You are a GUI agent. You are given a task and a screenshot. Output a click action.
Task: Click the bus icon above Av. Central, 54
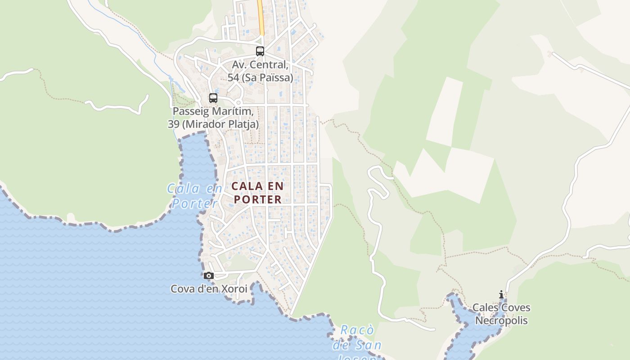[260, 51]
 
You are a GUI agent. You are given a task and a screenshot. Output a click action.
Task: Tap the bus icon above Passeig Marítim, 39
[213, 98]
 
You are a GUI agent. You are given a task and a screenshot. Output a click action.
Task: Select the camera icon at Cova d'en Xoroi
[208, 275]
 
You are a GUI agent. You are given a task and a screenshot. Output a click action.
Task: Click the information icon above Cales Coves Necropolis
[501, 295]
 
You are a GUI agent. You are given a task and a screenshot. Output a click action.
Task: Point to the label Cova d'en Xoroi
[209, 289]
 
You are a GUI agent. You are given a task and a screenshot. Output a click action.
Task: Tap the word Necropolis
[501, 321]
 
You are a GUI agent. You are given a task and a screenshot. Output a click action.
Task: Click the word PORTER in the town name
[258, 199]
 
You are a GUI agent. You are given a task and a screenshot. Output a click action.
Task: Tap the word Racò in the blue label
[357, 330]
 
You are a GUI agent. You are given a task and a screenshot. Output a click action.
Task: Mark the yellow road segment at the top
[261, 18]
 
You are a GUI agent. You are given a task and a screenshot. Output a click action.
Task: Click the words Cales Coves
[501, 308]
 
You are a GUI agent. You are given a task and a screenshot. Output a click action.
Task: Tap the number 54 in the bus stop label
[233, 78]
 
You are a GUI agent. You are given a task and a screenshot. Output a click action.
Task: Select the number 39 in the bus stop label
[173, 124]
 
